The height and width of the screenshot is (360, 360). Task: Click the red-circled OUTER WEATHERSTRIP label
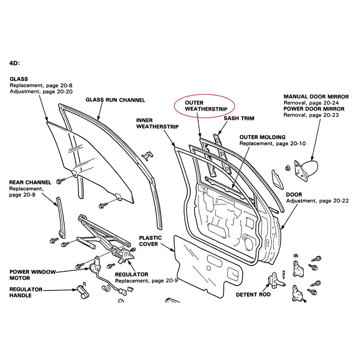[206, 106]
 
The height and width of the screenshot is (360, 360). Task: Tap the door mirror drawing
[307, 169]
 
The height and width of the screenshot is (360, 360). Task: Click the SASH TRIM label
[239, 118]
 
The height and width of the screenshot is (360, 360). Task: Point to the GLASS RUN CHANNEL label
[115, 100]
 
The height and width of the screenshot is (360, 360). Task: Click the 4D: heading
[15, 63]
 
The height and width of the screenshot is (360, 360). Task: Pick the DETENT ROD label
[253, 295]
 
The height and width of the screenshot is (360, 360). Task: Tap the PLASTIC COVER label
[150, 241]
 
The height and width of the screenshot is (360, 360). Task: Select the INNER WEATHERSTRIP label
[157, 123]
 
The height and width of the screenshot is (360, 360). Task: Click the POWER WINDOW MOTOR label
[32, 275]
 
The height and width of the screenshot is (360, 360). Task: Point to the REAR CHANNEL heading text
[30, 182]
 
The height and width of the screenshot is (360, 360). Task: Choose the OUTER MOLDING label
[262, 137]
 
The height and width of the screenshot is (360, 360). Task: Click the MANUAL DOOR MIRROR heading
[316, 97]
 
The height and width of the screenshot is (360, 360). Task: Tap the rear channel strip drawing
[60, 217]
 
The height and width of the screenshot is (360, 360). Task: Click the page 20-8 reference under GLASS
[59, 85]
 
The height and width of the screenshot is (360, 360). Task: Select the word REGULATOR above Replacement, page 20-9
[131, 274]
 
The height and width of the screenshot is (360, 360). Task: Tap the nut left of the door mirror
[287, 168]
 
